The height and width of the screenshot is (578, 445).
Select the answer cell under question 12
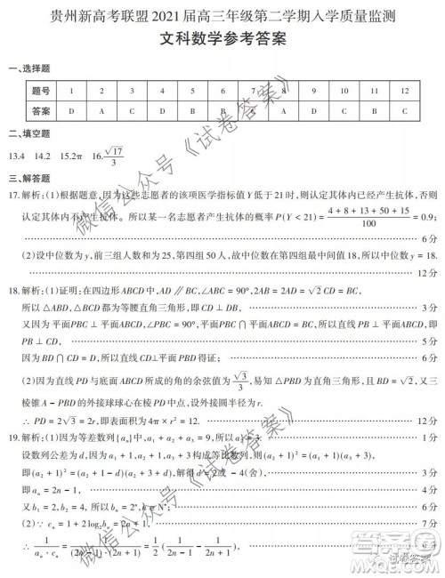pos(404,111)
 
